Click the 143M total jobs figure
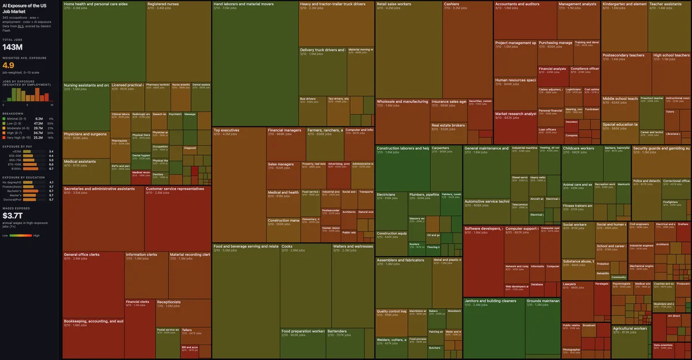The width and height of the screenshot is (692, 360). click(x=12, y=47)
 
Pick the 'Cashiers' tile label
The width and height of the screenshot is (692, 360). click(x=452, y=4)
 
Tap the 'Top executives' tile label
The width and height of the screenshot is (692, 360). click(x=227, y=130)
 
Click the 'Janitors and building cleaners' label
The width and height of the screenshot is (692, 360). click(x=490, y=301)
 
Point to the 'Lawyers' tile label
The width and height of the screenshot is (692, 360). click(x=569, y=283)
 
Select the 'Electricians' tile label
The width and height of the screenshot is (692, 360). click(x=386, y=194)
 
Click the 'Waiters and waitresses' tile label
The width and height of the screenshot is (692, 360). click(x=353, y=246)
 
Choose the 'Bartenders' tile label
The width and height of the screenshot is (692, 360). click(x=337, y=331)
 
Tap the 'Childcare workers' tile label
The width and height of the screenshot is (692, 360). click(x=578, y=148)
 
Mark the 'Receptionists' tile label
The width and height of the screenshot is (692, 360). click(x=168, y=301)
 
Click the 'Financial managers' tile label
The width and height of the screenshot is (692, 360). click(x=284, y=130)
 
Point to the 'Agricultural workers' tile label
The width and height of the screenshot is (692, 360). click(x=630, y=328)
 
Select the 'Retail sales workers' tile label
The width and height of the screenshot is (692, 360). click(x=394, y=4)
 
